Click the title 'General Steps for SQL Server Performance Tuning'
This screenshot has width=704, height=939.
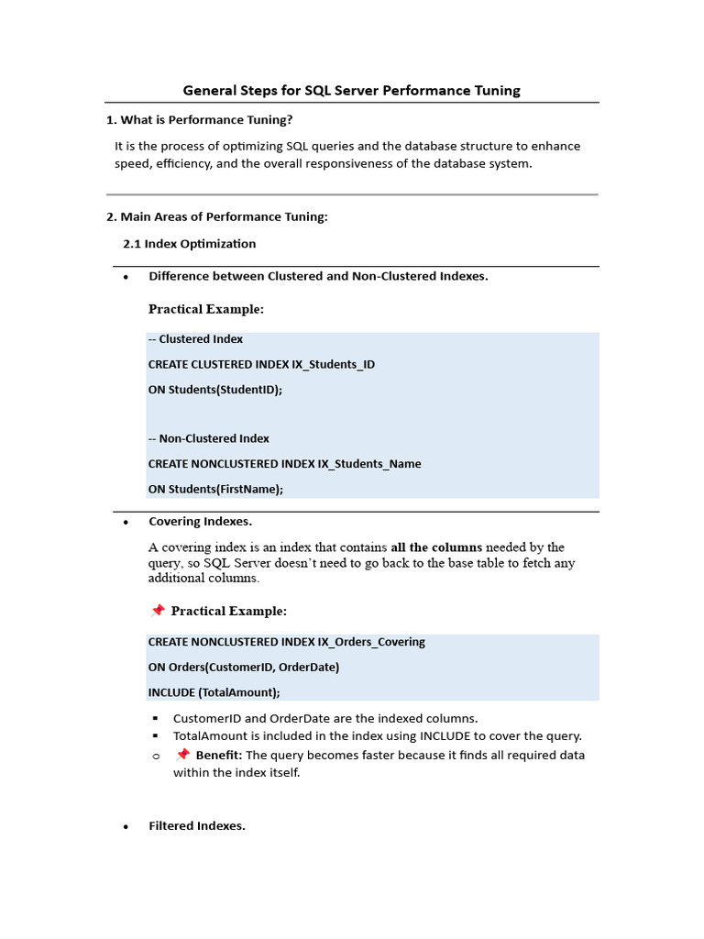click(351, 90)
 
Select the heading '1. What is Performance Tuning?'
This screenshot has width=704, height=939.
click(200, 120)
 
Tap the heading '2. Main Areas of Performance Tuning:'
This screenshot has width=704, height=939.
click(217, 216)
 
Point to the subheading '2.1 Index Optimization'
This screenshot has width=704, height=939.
click(190, 244)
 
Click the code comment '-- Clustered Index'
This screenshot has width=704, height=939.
click(195, 339)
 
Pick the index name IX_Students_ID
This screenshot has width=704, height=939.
click(333, 364)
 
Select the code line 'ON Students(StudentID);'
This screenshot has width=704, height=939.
click(215, 389)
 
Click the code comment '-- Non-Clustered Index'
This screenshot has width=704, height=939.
click(208, 438)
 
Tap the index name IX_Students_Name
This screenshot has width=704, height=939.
click(369, 464)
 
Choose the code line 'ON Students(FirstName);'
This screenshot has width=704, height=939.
click(215, 489)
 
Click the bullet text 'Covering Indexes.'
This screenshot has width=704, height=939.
click(200, 522)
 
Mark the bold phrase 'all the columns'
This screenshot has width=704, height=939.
click(437, 547)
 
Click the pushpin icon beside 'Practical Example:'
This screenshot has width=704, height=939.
click(157, 611)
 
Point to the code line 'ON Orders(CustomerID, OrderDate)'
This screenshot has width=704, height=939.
click(243, 667)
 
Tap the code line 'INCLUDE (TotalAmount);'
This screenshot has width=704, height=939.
click(214, 692)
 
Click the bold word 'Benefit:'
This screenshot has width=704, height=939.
click(218, 756)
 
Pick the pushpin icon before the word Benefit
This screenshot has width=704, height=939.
click(182, 755)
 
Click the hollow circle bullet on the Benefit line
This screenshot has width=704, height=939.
click(156, 757)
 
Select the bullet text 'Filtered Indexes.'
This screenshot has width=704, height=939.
click(197, 826)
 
